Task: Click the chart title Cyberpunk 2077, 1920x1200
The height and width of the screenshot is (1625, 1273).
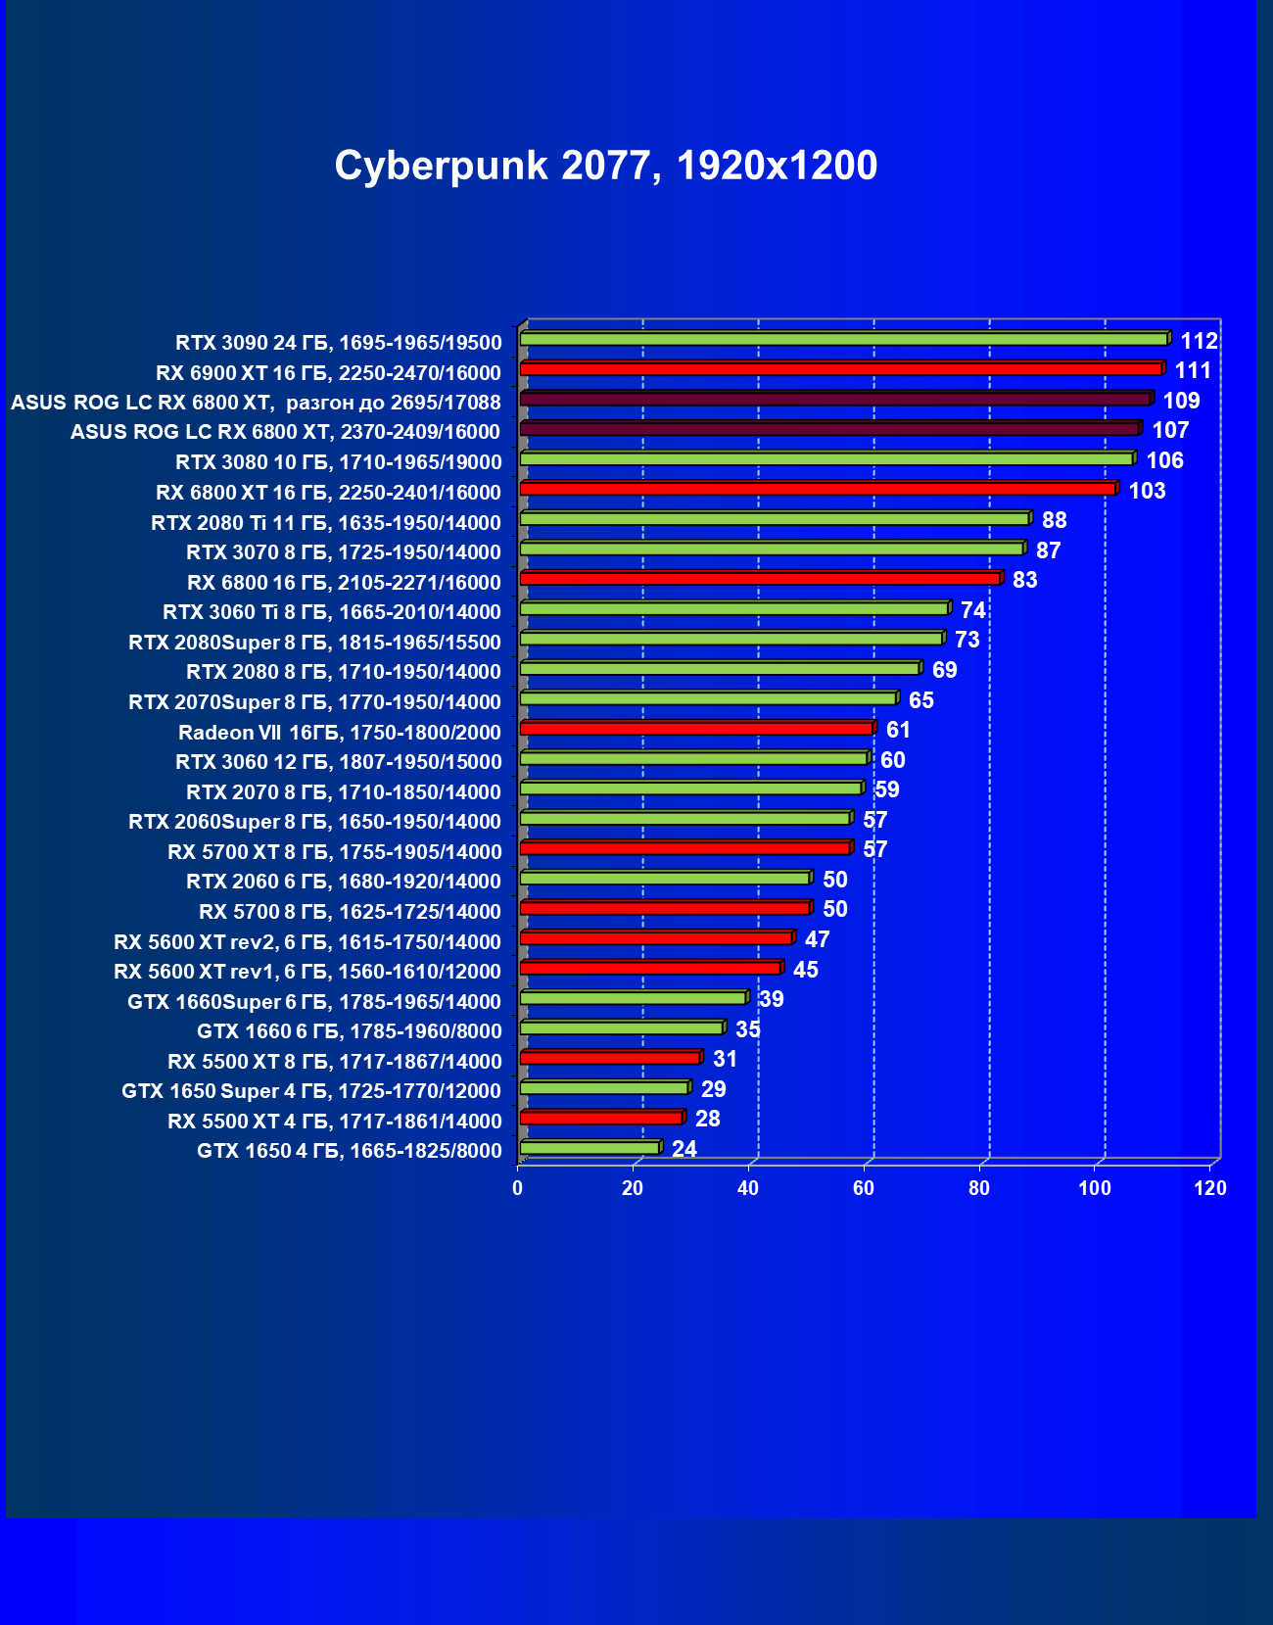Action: click(605, 166)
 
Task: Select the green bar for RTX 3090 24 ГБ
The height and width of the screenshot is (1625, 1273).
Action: click(842, 339)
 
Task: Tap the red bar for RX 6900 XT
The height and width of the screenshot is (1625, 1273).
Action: click(840, 368)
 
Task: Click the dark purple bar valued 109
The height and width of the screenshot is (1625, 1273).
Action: click(834, 399)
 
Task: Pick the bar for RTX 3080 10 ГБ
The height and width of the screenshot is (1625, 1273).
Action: click(825, 458)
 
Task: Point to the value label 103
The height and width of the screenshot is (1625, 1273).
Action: click(1147, 491)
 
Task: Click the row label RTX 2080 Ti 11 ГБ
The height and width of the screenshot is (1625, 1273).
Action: click(326, 523)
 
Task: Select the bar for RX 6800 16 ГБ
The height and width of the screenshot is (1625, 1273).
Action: click(759, 579)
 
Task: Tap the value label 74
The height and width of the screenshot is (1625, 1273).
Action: click(972, 610)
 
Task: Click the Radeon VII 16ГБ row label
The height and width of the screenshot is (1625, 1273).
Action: click(339, 733)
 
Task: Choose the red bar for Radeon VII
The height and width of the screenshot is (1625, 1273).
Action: click(695, 729)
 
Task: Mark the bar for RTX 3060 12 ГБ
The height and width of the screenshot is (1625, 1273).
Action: click(692, 758)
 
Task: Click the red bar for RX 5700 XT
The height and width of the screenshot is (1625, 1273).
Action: click(684, 848)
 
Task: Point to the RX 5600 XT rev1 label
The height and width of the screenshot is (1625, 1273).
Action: click(307, 972)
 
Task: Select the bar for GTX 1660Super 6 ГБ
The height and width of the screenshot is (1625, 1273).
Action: click(633, 998)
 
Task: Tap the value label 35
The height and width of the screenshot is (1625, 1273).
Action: click(747, 1029)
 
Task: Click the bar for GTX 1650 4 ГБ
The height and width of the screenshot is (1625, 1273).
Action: click(589, 1147)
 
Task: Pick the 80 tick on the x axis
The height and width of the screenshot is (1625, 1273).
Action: click(979, 1188)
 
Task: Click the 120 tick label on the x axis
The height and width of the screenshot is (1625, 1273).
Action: click(1210, 1188)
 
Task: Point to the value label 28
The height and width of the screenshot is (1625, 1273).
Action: click(707, 1119)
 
